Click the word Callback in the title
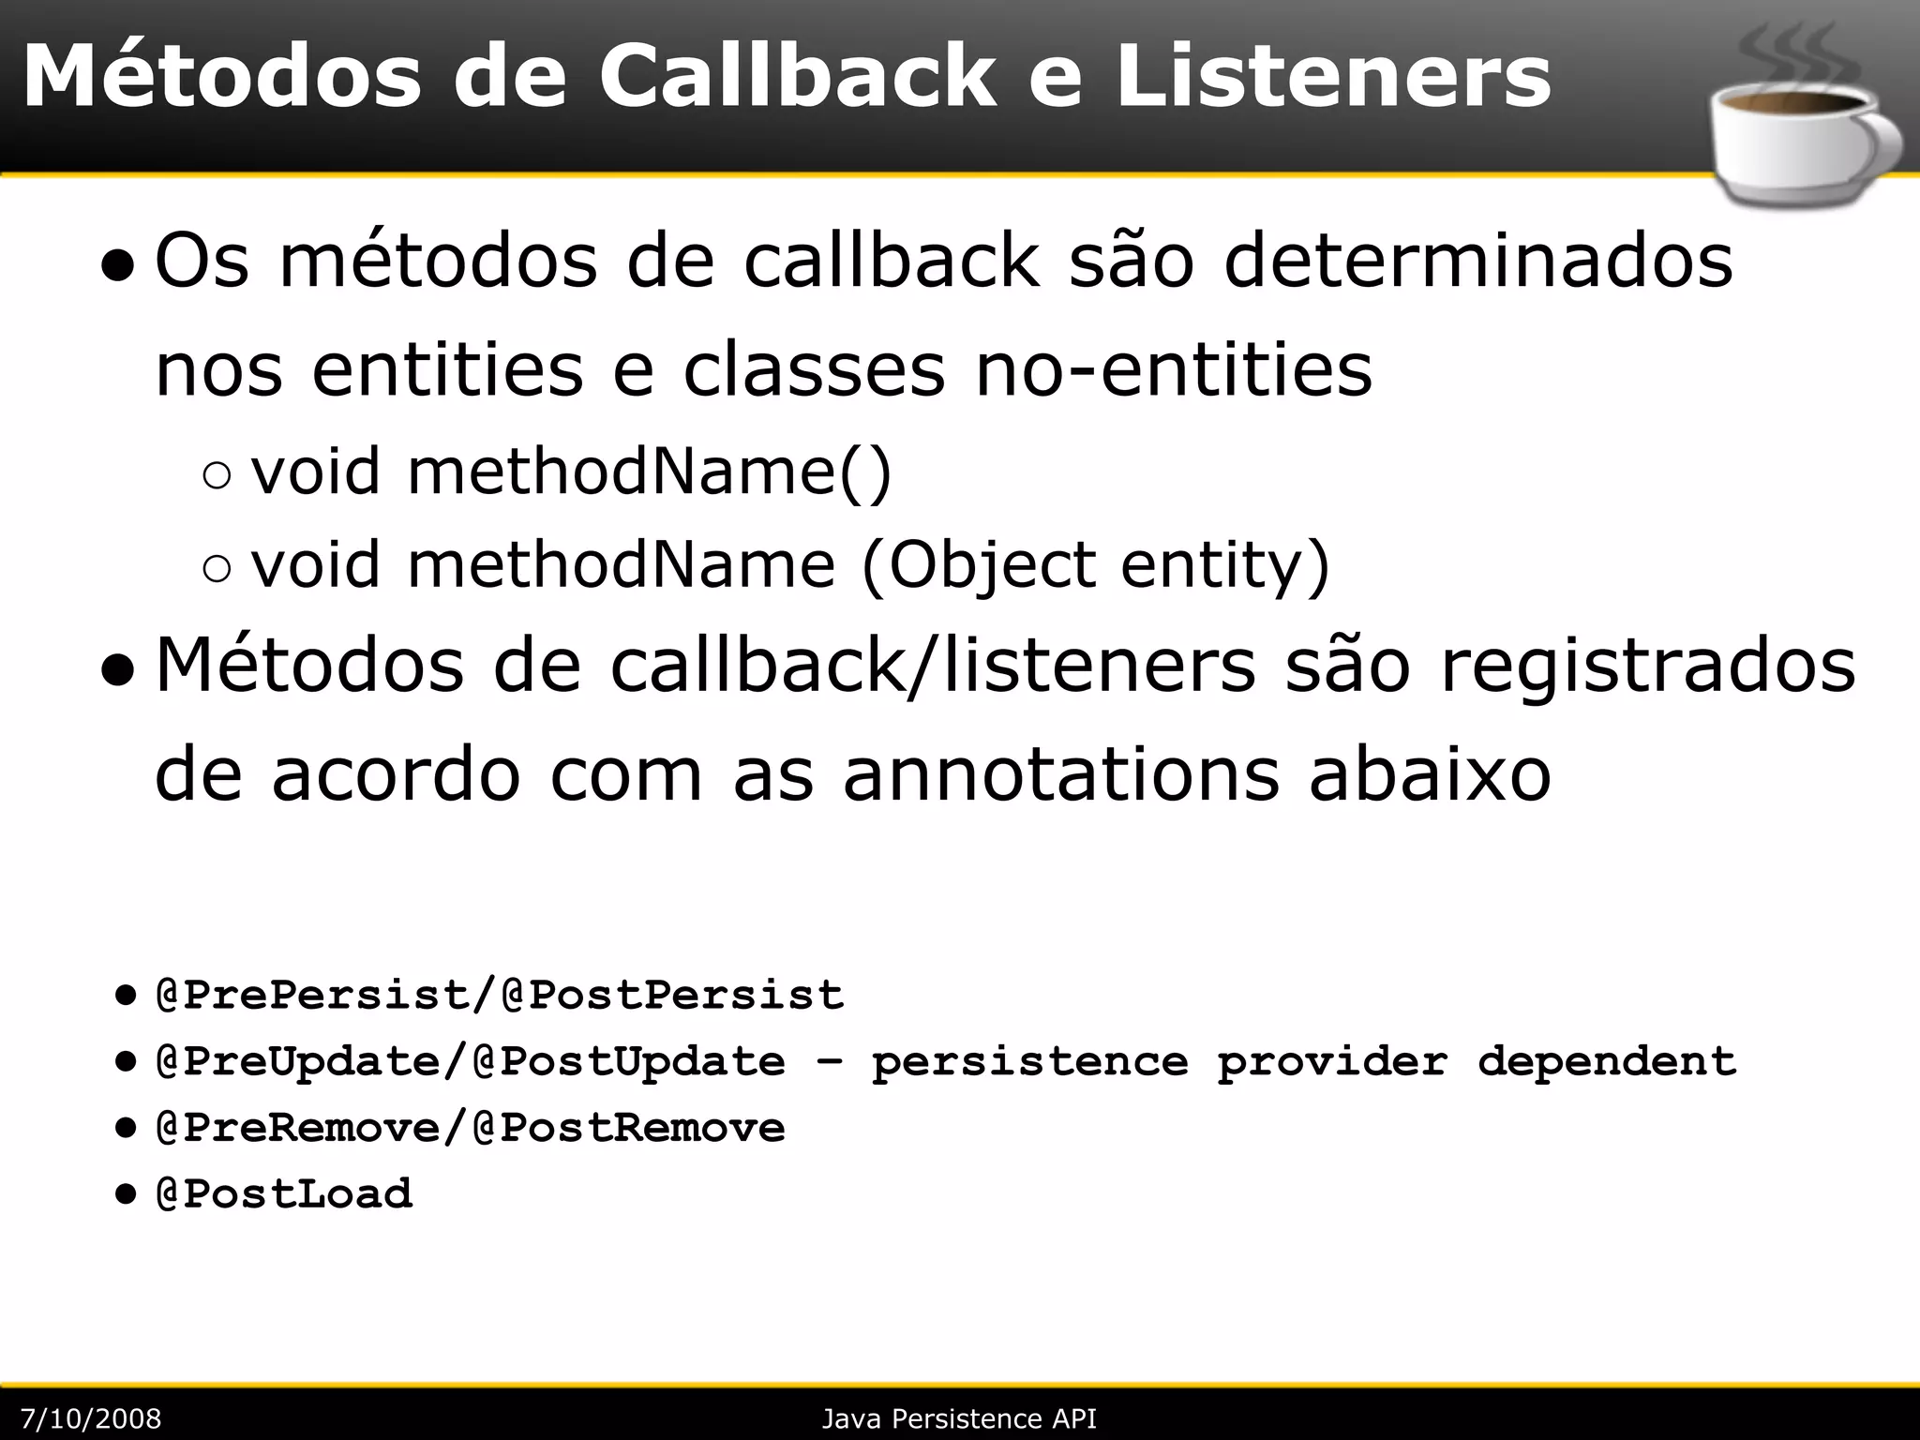(796, 77)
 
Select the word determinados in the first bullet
(1478, 262)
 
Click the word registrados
(1647, 667)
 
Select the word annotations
(1060, 776)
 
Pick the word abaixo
(1430, 776)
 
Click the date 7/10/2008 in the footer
(91, 1418)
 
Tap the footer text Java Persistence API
(959, 1418)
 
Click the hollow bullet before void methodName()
(216, 476)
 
